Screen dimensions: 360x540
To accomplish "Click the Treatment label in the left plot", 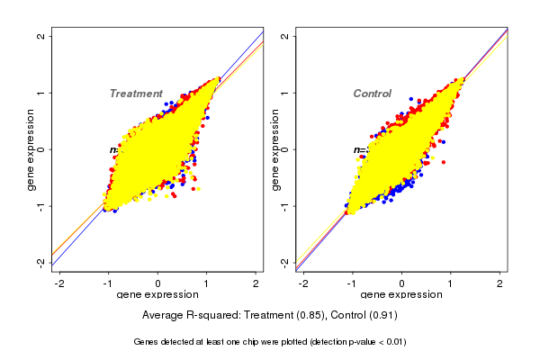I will click(x=136, y=94).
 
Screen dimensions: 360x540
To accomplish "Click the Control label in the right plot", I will click(x=372, y=94).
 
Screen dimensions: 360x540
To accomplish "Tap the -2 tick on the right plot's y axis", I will click(x=284, y=262).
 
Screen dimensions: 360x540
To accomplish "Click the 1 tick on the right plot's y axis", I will click(x=284, y=93).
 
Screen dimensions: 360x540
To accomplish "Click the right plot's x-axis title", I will click(x=401, y=295).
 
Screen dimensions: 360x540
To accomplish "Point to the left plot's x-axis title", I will click(x=158, y=295).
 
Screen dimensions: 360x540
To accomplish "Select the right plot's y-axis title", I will click(x=274, y=149).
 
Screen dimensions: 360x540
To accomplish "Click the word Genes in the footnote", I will click(x=147, y=342).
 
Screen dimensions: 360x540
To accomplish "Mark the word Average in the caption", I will click(x=163, y=316).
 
